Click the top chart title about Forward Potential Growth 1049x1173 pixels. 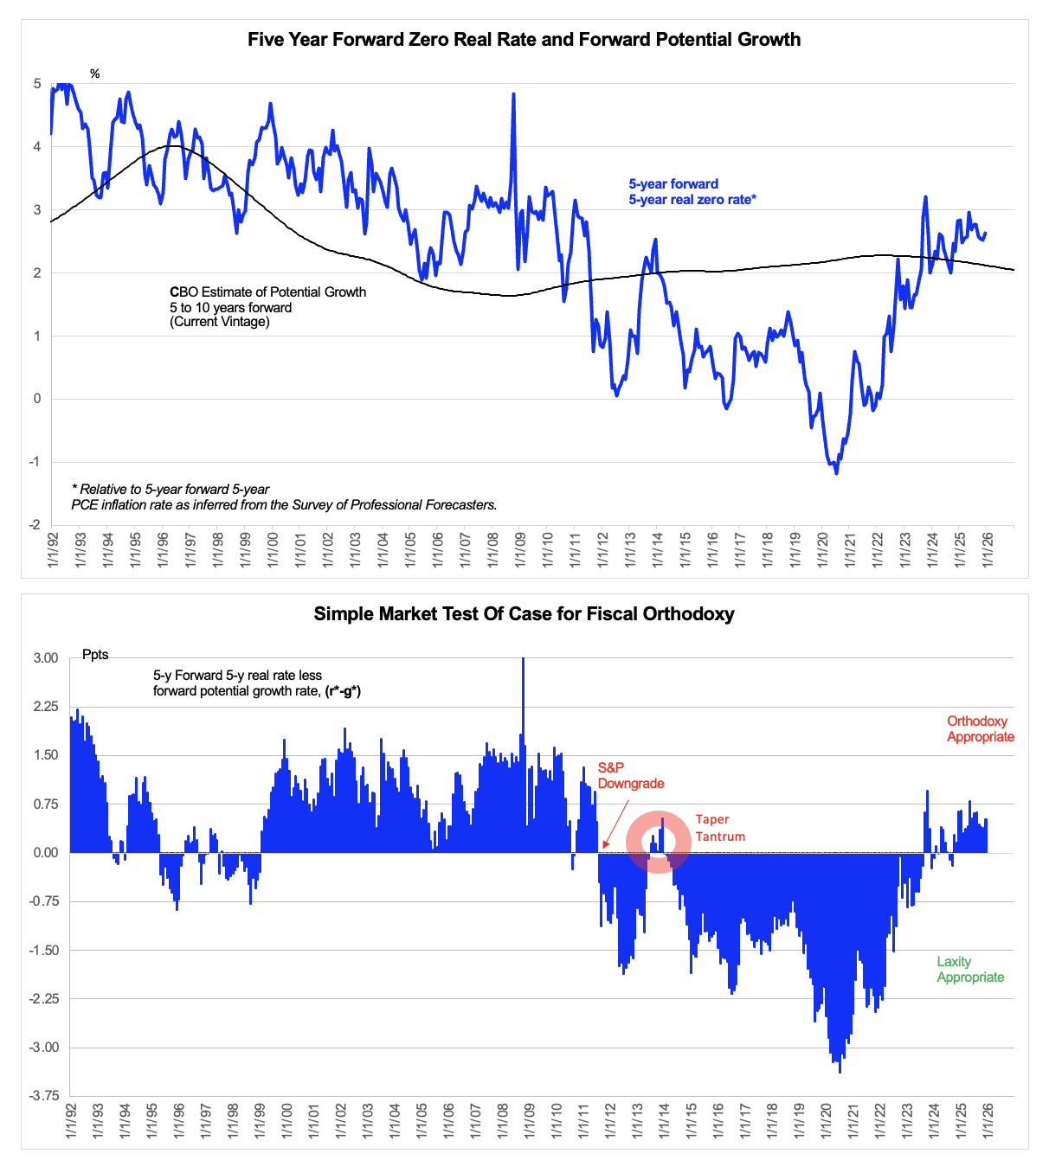(x=524, y=40)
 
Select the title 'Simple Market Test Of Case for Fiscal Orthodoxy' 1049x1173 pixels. (x=524, y=614)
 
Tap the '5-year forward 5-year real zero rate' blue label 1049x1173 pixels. (x=692, y=192)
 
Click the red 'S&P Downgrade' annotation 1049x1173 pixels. (x=631, y=776)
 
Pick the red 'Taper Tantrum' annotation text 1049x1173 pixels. (x=720, y=828)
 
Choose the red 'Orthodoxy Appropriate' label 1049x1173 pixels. (x=980, y=729)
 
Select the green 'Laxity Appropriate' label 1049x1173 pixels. (x=970, y=970)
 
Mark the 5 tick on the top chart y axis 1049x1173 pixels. (x=37, y=84)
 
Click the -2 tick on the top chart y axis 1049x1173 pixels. (x=35, y=525)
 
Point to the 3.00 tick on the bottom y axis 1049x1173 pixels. (x=46, y=658)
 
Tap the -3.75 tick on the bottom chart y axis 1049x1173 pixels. (x=44, y=1096)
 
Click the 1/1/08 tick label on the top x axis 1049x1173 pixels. (x=492, y=550)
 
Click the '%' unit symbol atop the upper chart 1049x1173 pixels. (x=95, y=74)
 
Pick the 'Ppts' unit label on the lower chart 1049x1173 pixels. (x=95, y=655)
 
